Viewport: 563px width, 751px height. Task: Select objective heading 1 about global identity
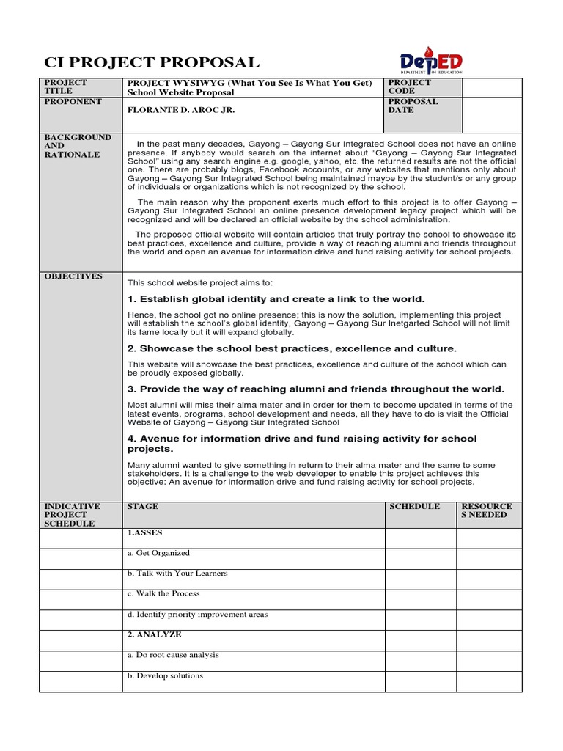pyautogui.click(x=276, y=299)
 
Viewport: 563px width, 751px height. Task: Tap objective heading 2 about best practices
pyautogui.click(x=292, y=348)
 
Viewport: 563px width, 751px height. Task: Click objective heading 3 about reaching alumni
pyautogui.click(x=316, y=389)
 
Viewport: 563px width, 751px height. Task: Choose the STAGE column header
pyautogui.click(x=142, y=507)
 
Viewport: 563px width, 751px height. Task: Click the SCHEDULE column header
pyautogui.click(x=414, y=507)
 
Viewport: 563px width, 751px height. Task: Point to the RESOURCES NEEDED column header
pyautogui.click(x=487, y=510)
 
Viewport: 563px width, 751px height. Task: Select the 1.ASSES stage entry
pyautogui.click(x=144, y=533)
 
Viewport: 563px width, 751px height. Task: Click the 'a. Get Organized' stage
pyautogui.click(x=158, y=553)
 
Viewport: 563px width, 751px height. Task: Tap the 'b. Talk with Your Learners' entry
pyautogui.click(x=177, y=574)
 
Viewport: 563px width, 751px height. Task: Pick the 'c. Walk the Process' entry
pyautogui.click(x=163, y=594)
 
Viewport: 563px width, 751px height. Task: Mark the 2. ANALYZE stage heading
pyautogui.click(x=154, y=634)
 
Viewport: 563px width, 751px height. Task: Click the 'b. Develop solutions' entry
pyautogui.click(x=165, y=675)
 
